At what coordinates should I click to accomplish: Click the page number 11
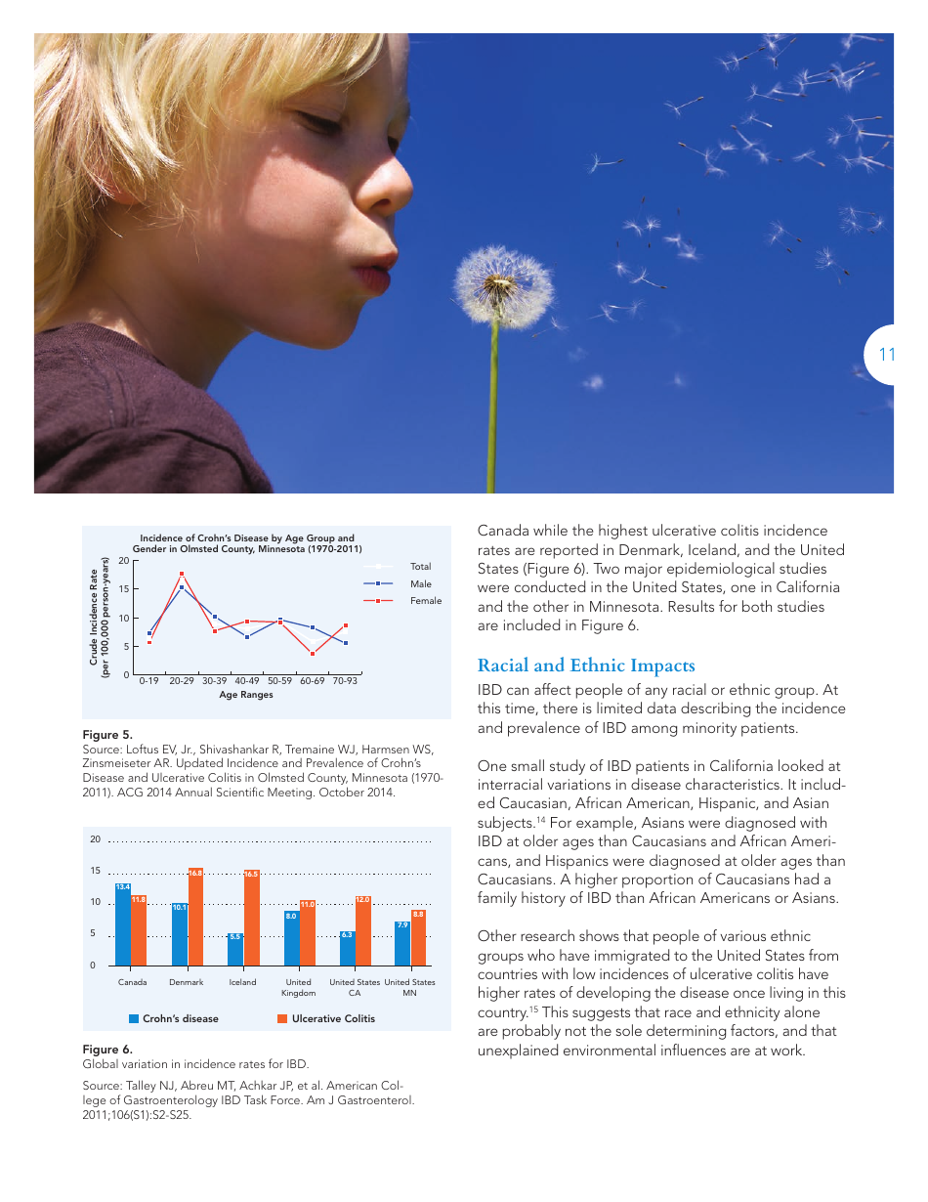click(886, 355)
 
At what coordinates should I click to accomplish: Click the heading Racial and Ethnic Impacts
click(586, 665)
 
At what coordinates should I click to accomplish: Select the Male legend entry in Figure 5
click(420, 583)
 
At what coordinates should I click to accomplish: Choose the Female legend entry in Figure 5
click(425, 601)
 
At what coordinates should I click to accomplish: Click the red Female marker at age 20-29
click(182, 575)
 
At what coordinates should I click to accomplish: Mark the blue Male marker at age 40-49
click(247, 637)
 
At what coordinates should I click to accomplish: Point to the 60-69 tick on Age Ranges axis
click(312, 681)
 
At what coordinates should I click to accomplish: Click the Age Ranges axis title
click(246, 695)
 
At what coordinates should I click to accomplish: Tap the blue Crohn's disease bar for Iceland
click(234, 949)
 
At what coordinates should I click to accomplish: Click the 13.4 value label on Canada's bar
click(122, 887)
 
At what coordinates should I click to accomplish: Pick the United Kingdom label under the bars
click(299, 987)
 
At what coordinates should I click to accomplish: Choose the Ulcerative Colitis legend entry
click(326, 1018)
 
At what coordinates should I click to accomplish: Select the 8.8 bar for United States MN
click(418, 936)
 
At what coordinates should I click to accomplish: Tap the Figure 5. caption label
click(106, 734)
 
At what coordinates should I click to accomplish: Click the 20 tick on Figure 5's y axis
click(124, 561)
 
